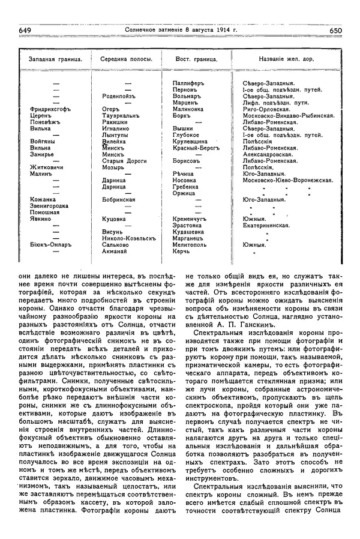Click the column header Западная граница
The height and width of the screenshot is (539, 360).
click(x=50, y=59)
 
